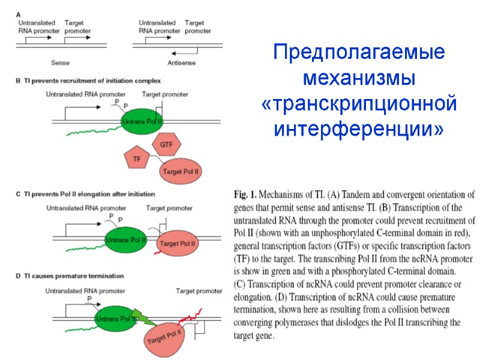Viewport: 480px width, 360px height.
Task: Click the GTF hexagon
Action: (x=167, y=145)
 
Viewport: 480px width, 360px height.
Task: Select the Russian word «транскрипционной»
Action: (x=359, y=103)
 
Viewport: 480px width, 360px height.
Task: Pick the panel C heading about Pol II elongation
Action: (x=85, y=194)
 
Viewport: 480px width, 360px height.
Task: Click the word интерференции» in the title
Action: (x=359, y=128)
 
